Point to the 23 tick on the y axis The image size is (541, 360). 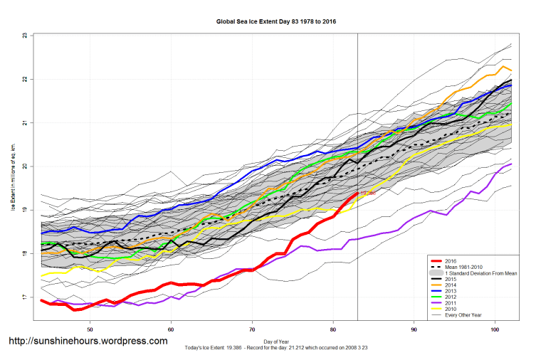click(24, 35)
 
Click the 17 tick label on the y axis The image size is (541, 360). click(24, 297)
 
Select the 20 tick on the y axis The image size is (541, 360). click(24, 166)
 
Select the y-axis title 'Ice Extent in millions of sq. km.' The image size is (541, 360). click(12, 178)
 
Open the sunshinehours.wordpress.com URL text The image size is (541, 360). click(88, 341)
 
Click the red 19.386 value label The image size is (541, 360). click(367, 193)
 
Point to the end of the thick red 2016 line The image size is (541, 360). click(357, 193)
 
